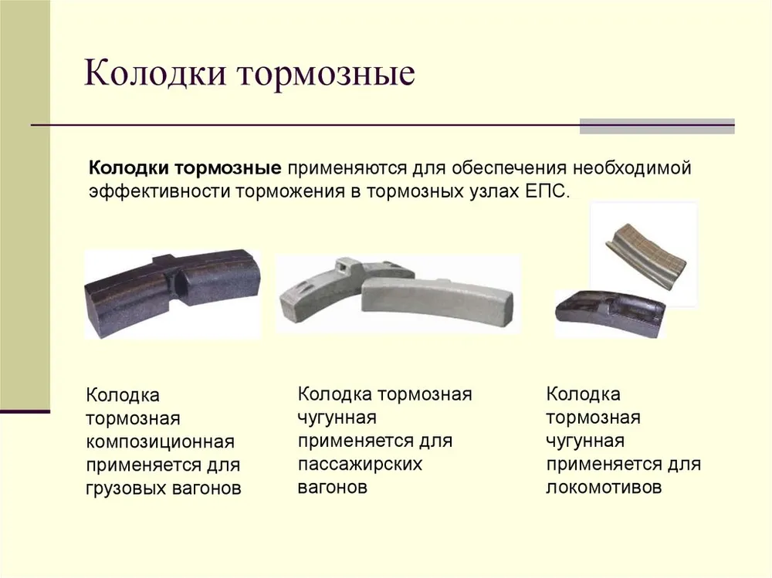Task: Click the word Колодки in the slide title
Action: point(154,73)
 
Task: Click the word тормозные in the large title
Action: point(326,75)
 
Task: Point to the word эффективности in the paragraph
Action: point(158,191)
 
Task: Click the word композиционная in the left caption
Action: point(160,442)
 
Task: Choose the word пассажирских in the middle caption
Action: point(360,465)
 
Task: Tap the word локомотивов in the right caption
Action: point(604,488)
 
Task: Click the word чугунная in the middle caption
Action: point(337,418)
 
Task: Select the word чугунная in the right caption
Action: point(585,441)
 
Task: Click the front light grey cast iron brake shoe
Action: point(437,301)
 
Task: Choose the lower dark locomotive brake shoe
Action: point(611,313)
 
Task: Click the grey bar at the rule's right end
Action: point(657,127)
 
